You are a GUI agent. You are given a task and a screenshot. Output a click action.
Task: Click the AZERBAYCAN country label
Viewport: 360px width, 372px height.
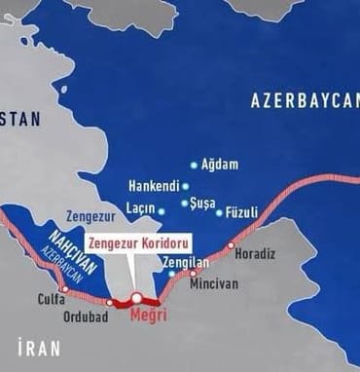pyautogui.click(x=305, y=100)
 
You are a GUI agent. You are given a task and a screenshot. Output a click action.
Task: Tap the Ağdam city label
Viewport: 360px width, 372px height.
pyautogui.click(x=219, y=165)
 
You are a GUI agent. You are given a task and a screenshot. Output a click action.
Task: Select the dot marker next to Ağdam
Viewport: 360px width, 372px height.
pyautogui.click(x=194, y=165)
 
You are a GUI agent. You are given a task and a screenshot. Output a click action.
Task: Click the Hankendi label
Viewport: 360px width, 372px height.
pyautogui.click(x=153, y=185)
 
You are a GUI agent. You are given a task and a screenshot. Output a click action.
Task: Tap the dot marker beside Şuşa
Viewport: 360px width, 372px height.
pyautogui.click(x=184, y=204)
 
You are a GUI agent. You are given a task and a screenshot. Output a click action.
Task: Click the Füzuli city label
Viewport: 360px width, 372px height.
pyautogui.click(x=241, y=211)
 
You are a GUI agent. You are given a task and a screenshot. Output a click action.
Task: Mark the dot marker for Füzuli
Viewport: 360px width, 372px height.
pyautogui.click(x=219, y=211)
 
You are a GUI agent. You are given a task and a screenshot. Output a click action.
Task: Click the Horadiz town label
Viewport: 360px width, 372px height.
pyautogui.click(x=255, y=254)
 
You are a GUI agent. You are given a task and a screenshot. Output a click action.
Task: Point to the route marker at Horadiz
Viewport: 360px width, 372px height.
pyautogui.click(x=231, y=245)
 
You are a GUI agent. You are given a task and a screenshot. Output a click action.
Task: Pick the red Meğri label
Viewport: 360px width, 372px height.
pyautogui.click(x=148, y=315)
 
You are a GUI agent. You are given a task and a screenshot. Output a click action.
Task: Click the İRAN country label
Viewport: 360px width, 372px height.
pyautogui.click(x=38, y=347)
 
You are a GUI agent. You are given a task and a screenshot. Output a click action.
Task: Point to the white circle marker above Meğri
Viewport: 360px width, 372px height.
pyautogui.click(x=137, y=298)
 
